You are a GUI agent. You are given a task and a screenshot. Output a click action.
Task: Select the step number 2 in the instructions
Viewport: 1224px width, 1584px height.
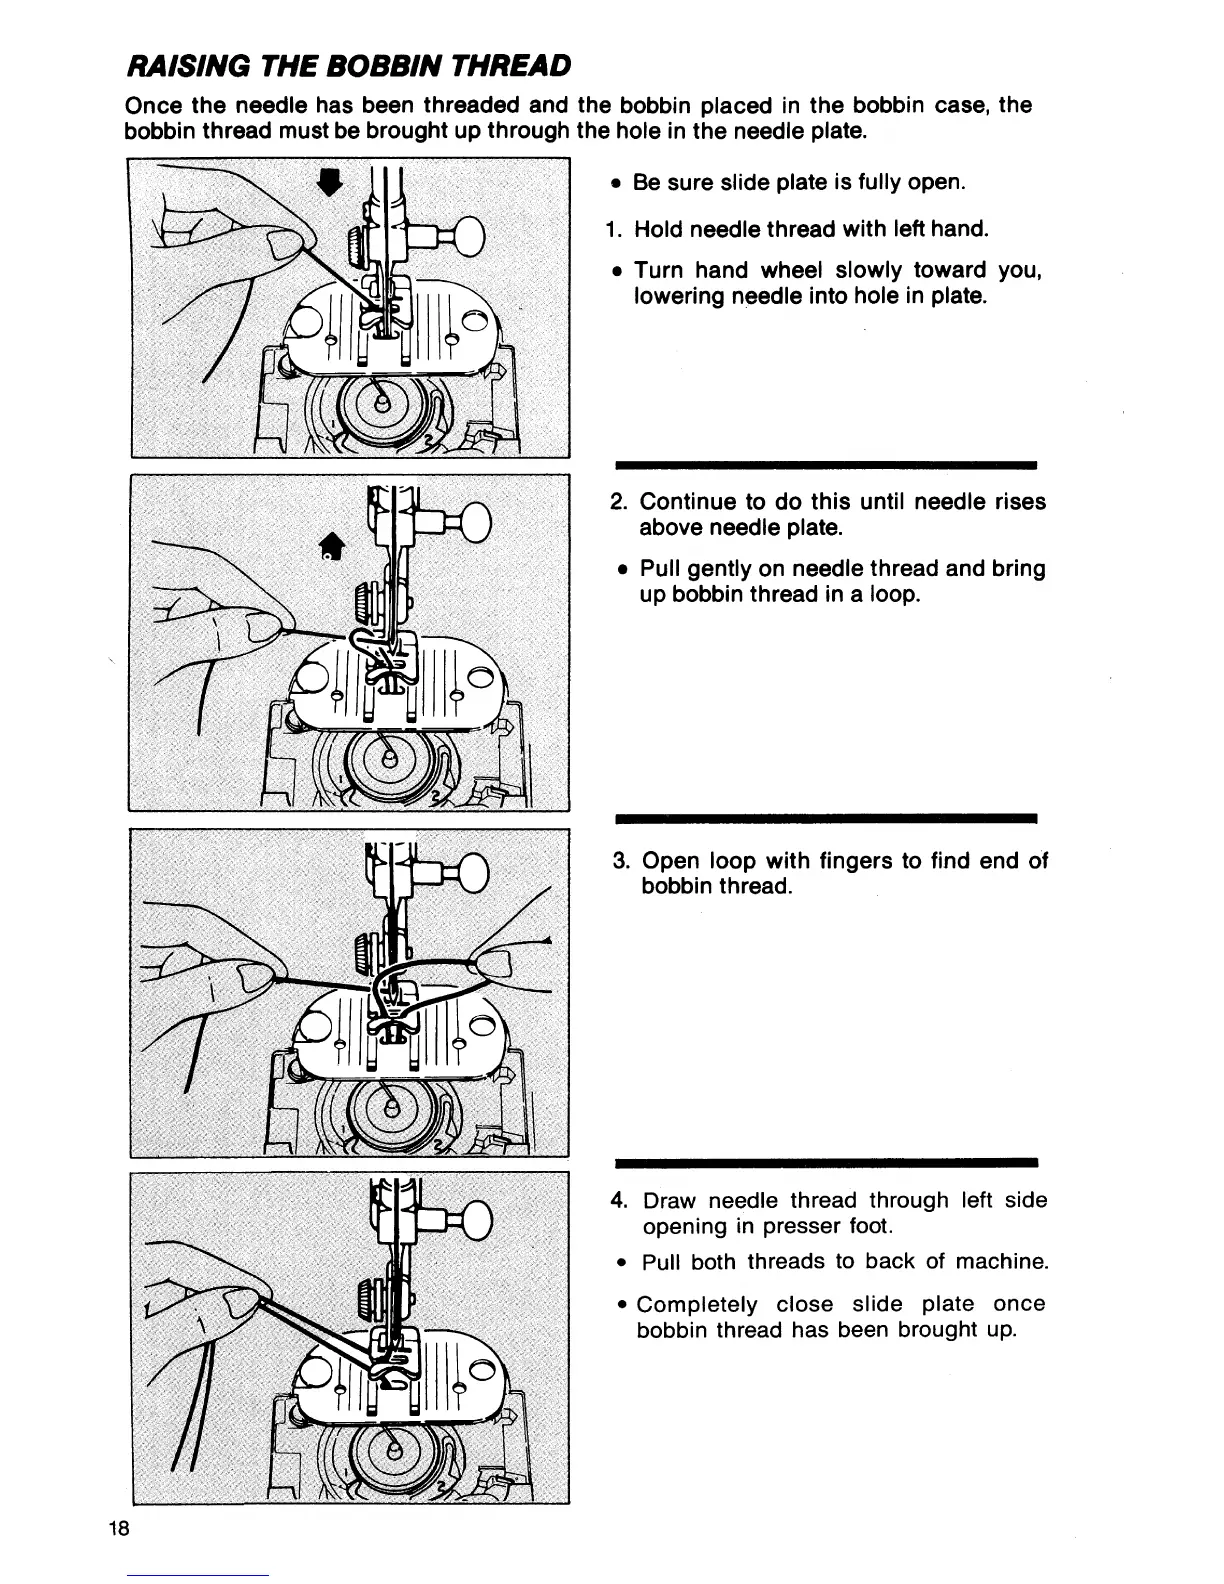(x=618, y=501)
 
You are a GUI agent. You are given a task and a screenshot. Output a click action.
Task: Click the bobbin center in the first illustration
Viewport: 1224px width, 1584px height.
(x=381, y=402)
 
